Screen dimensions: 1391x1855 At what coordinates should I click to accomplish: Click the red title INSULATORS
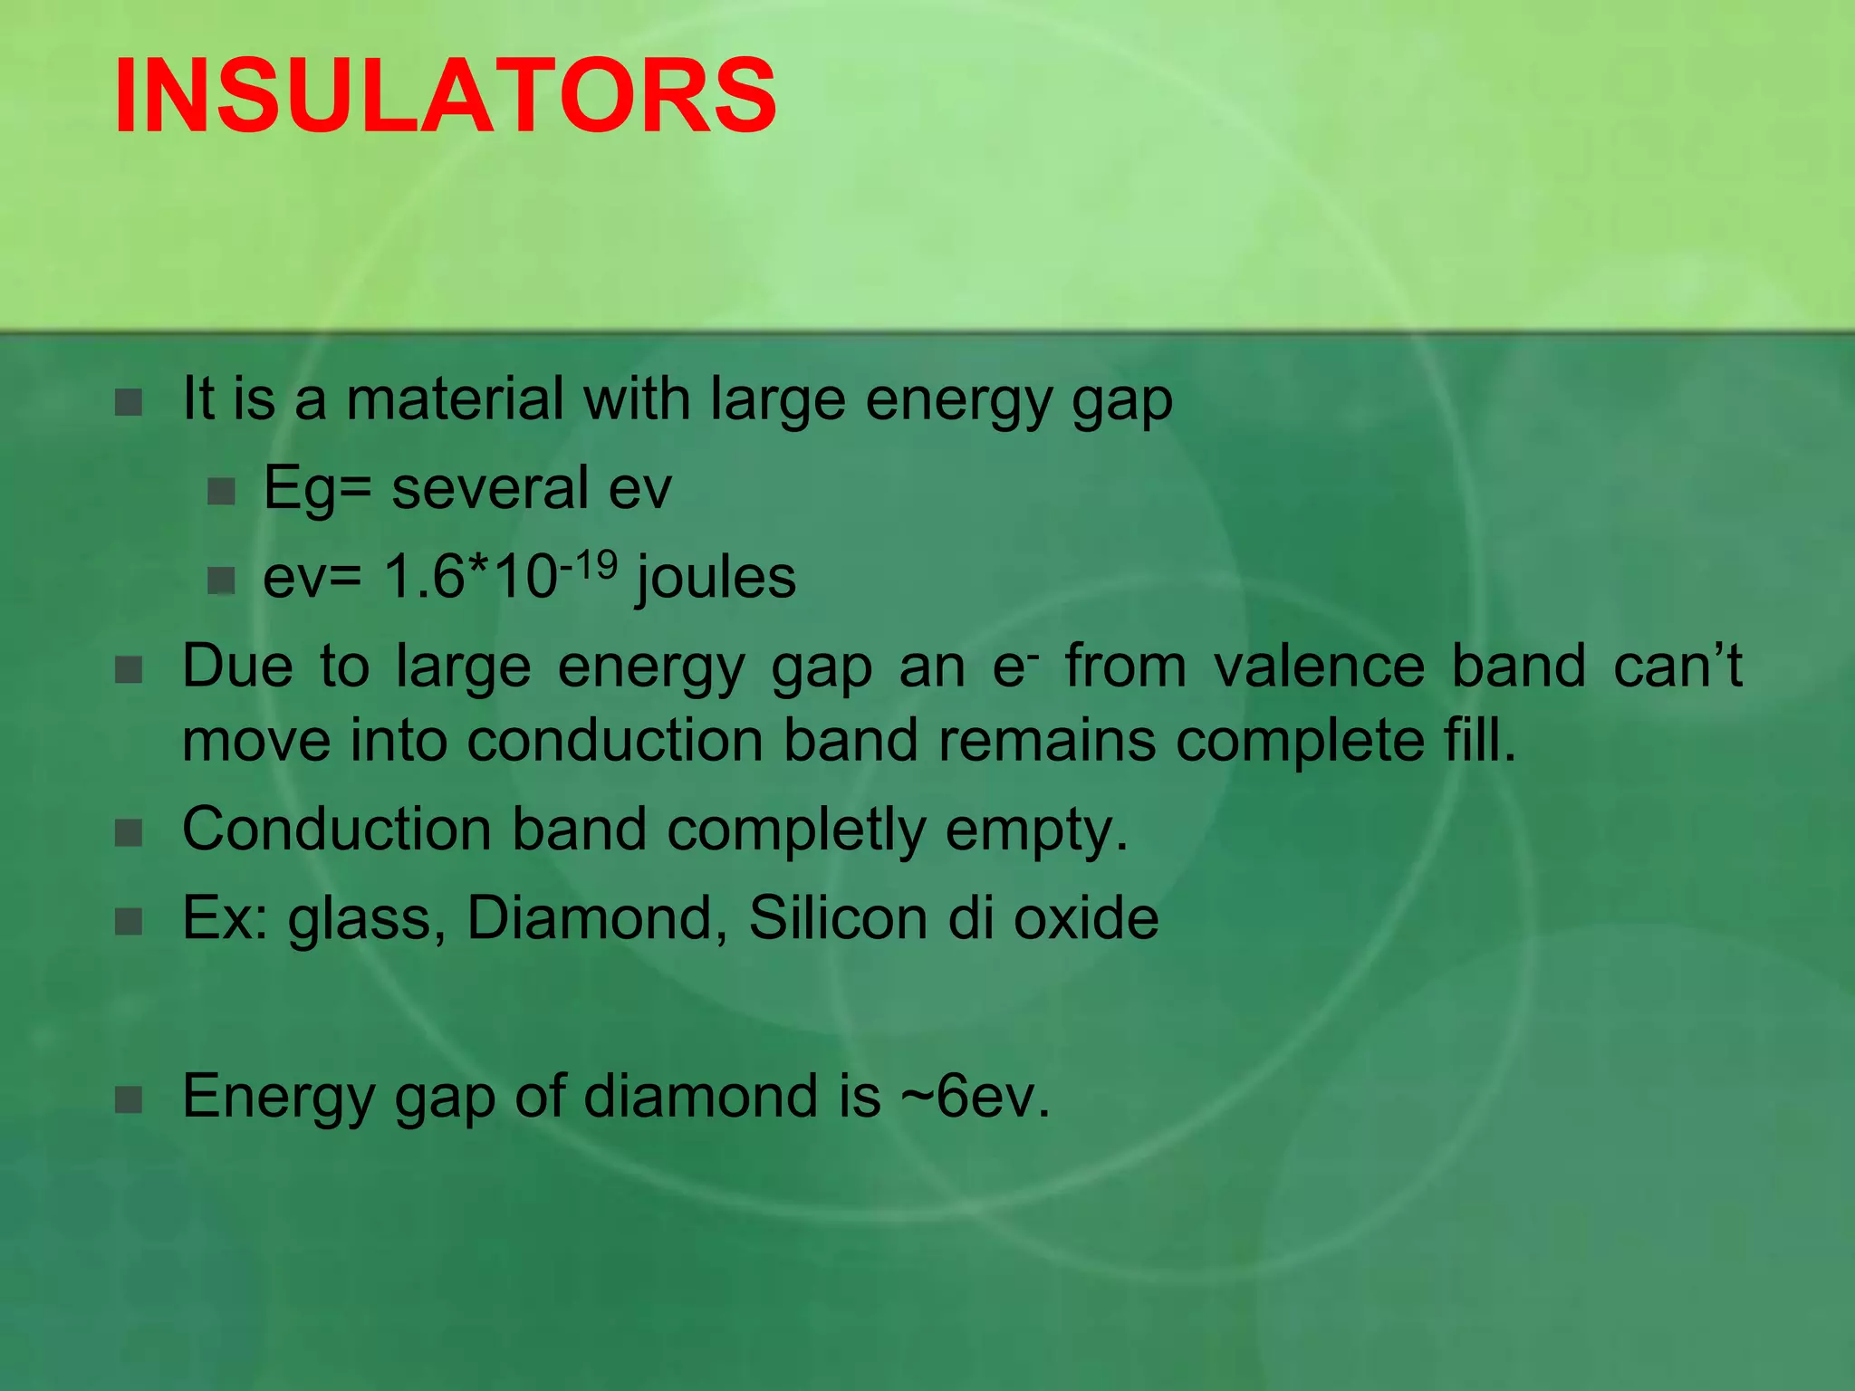tap(445, 96)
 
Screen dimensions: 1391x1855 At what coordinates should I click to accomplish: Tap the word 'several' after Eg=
tap(489, 488)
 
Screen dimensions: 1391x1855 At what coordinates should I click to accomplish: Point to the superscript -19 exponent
tap(589, 565)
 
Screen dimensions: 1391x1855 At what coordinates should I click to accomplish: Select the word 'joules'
tap(716, 578)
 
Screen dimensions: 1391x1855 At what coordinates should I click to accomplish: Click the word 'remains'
tap(1047, 741)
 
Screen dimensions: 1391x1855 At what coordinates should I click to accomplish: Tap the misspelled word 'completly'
tap(796, 830)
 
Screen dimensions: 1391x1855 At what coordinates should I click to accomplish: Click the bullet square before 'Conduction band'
tap(129, 832)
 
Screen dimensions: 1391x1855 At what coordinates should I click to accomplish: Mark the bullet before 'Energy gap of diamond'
tap(129, 1099)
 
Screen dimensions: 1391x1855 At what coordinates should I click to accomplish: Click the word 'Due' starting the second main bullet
tap(237, 667)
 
